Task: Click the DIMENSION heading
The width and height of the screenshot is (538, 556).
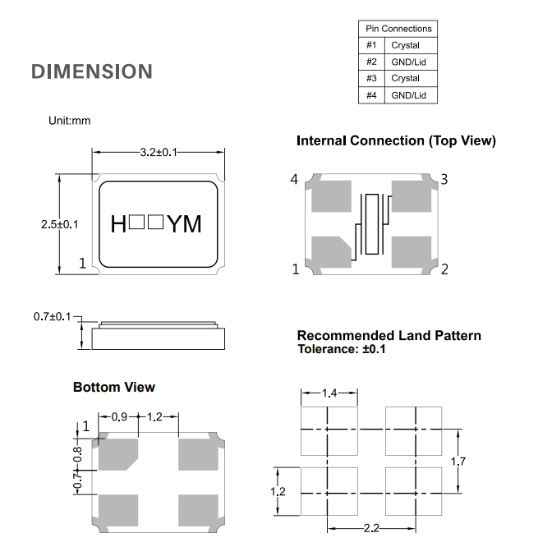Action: point(92,71)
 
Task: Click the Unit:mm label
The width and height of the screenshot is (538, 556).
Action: point(70,121)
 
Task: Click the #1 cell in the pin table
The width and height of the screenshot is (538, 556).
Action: point(371,45)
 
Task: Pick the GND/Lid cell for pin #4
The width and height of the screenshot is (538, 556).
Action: point(408,95)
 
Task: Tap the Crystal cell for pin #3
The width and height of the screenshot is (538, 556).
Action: point(406,78)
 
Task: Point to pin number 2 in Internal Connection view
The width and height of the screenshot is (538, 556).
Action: point(444,269)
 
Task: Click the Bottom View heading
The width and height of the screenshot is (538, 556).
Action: point(113,387)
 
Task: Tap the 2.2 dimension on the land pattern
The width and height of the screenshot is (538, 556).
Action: point(371,528)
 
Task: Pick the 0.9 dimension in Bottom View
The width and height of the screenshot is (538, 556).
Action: point(119,417)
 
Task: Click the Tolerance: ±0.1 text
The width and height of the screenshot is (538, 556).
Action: point(341,349)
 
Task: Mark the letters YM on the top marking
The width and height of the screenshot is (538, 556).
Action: point(184,223)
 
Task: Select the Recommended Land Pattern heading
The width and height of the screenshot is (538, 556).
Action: point(389,335)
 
